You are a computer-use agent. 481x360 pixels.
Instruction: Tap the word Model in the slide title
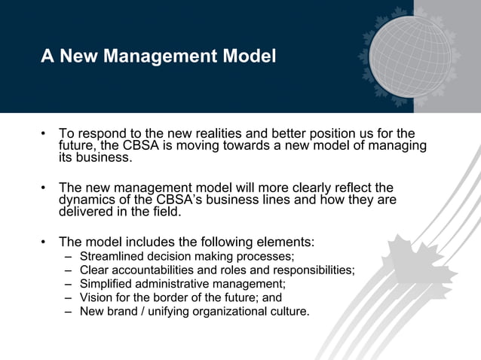tap(250, 56)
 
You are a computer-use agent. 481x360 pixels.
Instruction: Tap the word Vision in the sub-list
tap(95, 297)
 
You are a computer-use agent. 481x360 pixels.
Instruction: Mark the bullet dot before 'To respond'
tap(44, 134)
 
